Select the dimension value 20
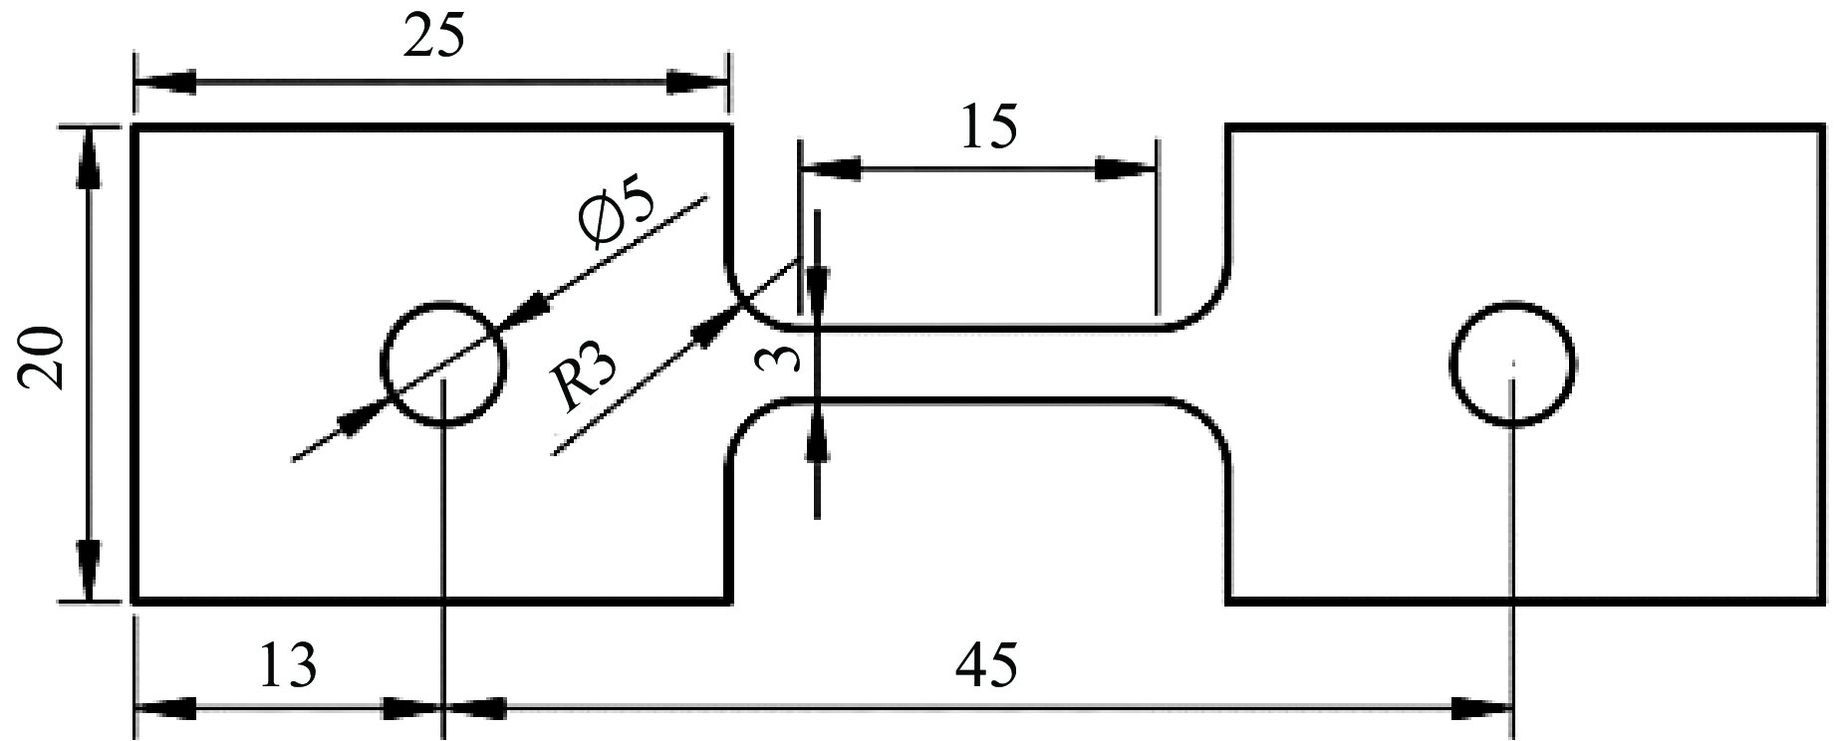(x=46, y=360)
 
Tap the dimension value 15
(x=989, y=128)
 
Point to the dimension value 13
(x=288, y=665)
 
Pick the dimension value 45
(x=986, y=665)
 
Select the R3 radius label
(x=585, y=378)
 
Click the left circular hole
(x=443, y=364)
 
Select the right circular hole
(x=1511, y=364)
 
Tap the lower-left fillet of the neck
(x=749, y=418)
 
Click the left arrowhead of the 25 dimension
(x=164, y=82)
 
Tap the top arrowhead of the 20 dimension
(x=90, y=155)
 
